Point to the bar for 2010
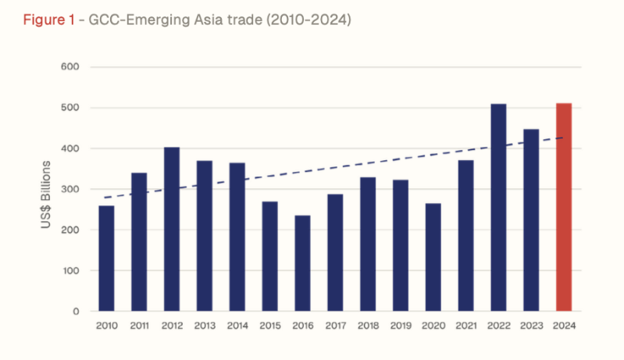(x=106, y=258)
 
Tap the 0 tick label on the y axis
(x=75, y=312)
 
